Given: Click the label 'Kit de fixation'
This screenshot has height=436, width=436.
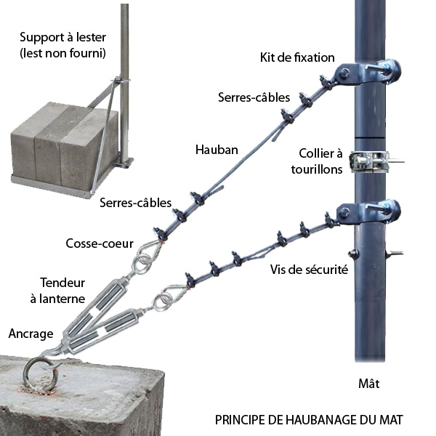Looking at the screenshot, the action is tap(297, 57).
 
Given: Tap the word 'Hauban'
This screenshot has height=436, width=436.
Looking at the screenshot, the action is tap(217, 150).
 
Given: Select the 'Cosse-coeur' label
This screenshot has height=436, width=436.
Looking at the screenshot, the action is tap(100, 243).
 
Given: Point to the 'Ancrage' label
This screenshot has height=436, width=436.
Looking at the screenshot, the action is tap(31, 334).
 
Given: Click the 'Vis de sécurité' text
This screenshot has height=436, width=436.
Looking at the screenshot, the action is tap(309, 270).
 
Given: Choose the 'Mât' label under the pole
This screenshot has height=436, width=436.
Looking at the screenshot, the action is tap(369, 384).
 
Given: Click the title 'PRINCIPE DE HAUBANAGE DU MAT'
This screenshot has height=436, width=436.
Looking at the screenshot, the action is tap(309, 420).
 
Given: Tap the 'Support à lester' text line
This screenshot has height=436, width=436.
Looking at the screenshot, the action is tap(62, 37).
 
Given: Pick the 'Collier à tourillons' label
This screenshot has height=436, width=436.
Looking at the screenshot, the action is tap(317, 161).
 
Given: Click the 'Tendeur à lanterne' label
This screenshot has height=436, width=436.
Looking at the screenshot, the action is tap(58, 291).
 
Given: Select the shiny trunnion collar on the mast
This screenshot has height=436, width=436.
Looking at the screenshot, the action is tap(370, 161).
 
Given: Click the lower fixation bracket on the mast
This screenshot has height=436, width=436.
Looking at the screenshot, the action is tap(367, 213).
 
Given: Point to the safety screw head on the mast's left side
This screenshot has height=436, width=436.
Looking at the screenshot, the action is tap(353, 254).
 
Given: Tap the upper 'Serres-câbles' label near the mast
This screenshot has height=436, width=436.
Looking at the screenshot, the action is tap(254, 97).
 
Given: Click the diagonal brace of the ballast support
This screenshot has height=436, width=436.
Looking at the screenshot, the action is tap(103, 137).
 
